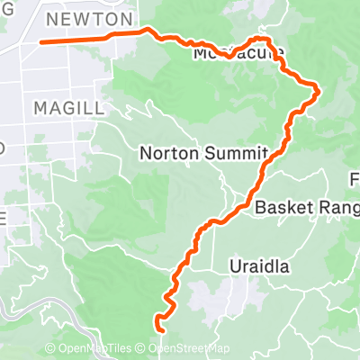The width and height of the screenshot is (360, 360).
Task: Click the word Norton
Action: pos(163,154)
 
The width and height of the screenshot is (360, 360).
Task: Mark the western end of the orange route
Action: pos(41,41)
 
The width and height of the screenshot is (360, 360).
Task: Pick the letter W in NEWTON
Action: pos(86,18)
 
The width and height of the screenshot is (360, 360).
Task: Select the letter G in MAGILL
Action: pos(67,107)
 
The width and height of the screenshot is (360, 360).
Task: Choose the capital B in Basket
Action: pos(260,207)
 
